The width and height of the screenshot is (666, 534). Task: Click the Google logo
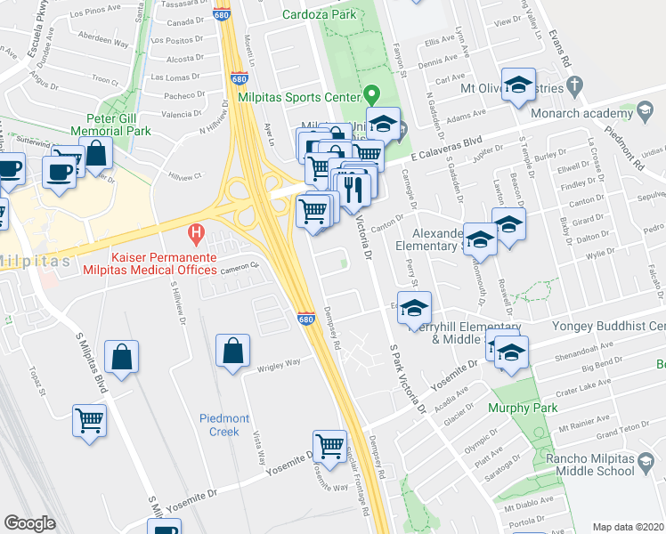(x=29, y=523)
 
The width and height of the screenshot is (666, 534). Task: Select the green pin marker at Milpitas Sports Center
(x=373, y=95)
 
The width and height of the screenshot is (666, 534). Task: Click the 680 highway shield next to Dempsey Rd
(x=305, y=319)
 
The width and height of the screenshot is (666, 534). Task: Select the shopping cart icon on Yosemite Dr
(x=329, y=446)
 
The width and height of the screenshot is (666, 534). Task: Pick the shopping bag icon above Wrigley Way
(x=232, y=351)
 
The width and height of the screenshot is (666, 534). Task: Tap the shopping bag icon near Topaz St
(x=121, y=358)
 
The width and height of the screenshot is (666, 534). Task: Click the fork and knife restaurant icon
(x=354, y=189)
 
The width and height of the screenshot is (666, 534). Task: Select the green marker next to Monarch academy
(x=643, y=113)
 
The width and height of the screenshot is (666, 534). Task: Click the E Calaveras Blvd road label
(x=445, y=147)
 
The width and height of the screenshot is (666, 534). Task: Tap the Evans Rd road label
(x=561, y=49)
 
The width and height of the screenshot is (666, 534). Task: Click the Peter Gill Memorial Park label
(x=118, y=125)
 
